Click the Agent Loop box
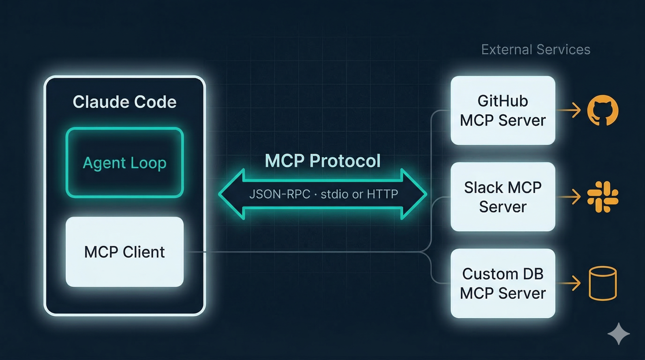pos(124,163)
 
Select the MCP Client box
pos(124,252)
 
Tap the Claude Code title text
pos(124,102)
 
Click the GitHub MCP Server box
pos(502,110)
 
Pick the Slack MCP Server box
pos(502,197)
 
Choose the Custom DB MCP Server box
pos(502,283)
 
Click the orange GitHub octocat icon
pos(602,110)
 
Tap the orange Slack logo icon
pos(602,197)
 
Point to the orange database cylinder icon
pos(602,283)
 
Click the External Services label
pos(536,50)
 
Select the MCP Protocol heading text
pos(322,161)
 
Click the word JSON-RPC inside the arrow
pos(280,194)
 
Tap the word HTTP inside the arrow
pos(382,194)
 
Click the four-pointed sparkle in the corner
pos(619,334)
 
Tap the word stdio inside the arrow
pos(334,194)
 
